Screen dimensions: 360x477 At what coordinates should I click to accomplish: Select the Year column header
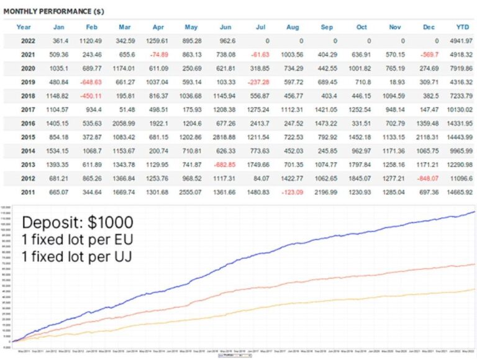pos(24,27)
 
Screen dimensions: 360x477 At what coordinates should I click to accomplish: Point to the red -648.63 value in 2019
pos(91,82)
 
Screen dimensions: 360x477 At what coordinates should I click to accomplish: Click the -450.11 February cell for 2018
pos(91,96)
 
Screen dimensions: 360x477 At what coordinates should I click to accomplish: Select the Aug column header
pos(293,27)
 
